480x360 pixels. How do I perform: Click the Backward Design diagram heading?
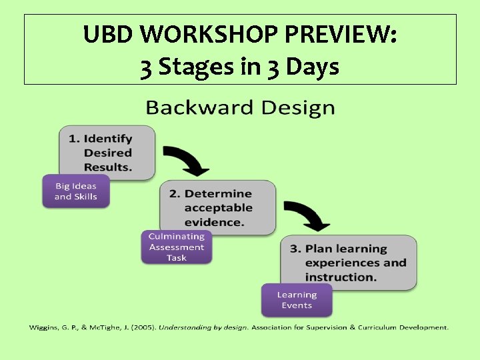point(240,107)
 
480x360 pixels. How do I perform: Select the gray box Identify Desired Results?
point(107,153)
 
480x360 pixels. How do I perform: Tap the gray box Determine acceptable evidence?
point(217,207)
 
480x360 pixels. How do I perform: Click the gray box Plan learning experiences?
point(349,262)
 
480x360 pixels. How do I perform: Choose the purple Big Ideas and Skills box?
point(75,191)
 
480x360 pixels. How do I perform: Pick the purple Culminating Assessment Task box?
point(177,247)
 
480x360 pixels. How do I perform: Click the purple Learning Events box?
point(297,300)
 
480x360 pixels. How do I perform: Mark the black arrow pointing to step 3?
point(308,215)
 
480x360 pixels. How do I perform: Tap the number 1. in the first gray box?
point(74,139)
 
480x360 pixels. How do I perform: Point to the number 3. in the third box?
point(295,249)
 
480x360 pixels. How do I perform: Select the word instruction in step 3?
point(340,277)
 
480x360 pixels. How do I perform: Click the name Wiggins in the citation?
point(43,327)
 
